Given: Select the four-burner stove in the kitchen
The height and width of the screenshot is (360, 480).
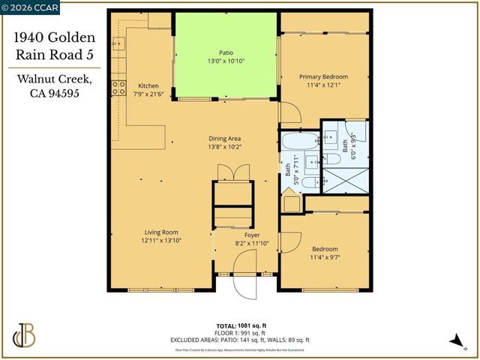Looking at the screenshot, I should [118, 88].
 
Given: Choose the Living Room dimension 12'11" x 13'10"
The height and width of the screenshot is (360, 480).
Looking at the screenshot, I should [161, 241].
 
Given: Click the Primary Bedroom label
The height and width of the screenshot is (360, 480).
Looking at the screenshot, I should [324, 76].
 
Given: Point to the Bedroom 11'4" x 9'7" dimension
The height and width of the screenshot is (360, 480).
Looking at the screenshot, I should [325, 257].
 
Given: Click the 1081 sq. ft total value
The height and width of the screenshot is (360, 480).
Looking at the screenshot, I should [253, 325].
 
